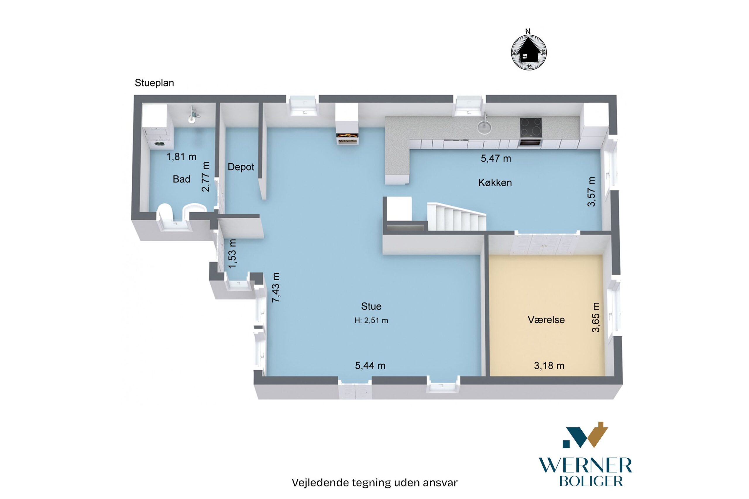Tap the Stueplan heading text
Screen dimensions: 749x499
pyautogui.click(x=154, y=83)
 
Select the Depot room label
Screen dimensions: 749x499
pyautogui.click(x=241, y=167)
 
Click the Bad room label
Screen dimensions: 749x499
pyautogui.click(x=181, y=179)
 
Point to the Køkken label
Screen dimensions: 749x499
pyautogui.click(x=495, y=183)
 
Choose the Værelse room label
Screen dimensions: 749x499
pyautogui.click(x=546, y=319)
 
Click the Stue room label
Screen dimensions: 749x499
pyautogui.click(x=371, y=306)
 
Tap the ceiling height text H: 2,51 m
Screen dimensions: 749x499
pyautogui.click(x=371, y=321)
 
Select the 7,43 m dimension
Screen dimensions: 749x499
pyautogui.click(x=276, y=287)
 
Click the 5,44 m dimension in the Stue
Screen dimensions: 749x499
pyautogui.click(x=370, y=366)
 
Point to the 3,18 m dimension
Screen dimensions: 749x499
pyautogui.click(x=549, y=366)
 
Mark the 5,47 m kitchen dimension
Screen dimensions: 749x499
pyautogui.click(x=496, y=158)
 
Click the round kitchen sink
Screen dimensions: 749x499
pyautogui.click(x=484, y=128)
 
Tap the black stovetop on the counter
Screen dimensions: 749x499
pyautogui.click(x=531, y=127)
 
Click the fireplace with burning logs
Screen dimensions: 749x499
pyautogui.click(x=348, y=136)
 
